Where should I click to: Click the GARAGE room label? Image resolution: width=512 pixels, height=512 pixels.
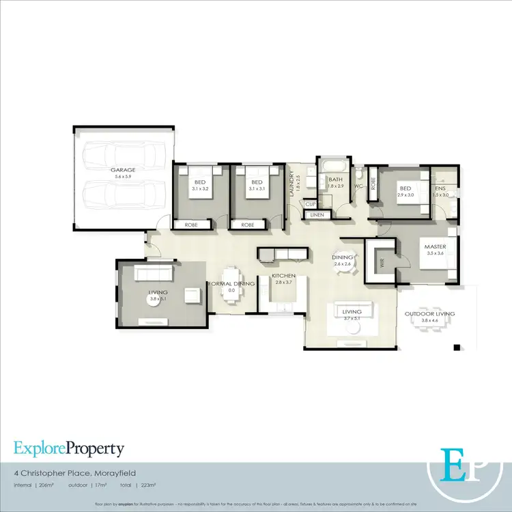click(x=124, y=169)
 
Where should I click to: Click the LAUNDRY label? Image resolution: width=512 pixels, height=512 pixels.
click(x=291, y=184)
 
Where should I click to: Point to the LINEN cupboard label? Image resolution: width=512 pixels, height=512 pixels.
click(x=316, y=215)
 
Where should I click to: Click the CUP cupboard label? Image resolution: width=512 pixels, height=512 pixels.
click(x=310, y=203)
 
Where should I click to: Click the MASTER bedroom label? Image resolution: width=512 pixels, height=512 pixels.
click(x=435, y=246)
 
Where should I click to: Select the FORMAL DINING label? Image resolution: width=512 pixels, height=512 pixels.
click(x=231, y=283)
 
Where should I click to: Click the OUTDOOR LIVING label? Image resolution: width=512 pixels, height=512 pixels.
click(x=429, y=313)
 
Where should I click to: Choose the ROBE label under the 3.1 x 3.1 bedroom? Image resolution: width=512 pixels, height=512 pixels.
click(x=247, y=224)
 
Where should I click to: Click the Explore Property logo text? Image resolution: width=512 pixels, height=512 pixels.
click(x=69, y=449)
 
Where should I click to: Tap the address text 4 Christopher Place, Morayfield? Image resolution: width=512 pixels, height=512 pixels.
click(x=68, y=471)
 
